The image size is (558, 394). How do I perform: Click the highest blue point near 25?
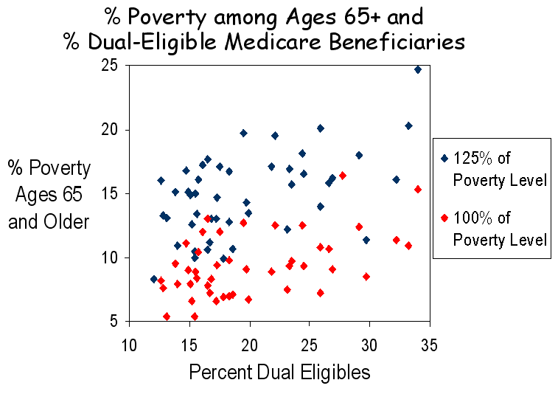pyautogui.click(x=418, y=69)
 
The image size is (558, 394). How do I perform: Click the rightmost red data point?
pyautogui.click(x=418, y=189)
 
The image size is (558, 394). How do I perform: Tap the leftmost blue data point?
pyautogui.click(x=154, y=279)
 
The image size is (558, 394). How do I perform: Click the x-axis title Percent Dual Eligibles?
pyautogui.click(x=279, y=372)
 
